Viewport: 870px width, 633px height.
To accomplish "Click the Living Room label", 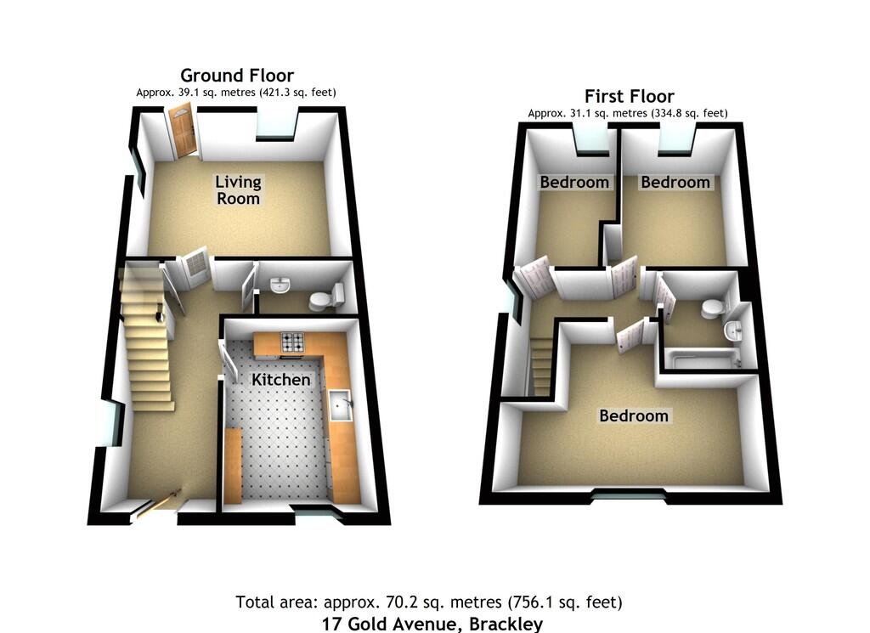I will (x=238, y=189).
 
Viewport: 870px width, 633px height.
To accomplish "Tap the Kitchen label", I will (x=280, y=379).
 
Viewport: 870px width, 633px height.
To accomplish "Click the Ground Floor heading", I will (x=237, y=76).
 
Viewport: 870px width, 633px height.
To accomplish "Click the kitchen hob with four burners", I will (x=293, y=342).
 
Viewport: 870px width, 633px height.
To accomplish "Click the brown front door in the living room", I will (x=183, y=133).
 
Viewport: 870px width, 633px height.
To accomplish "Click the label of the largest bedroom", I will (x=634, y=415).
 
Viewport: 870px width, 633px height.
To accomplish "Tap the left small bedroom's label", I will (x=575, y=182).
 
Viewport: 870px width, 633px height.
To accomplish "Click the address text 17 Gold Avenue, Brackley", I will (x=432, y=625).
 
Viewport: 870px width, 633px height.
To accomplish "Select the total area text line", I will (x=429, y=602).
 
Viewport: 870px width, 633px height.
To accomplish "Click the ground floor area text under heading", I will (x=237, y=92).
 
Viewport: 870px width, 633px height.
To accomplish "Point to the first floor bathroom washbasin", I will (x=732, y=330).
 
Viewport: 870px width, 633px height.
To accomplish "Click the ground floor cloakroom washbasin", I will (x=280, y=284).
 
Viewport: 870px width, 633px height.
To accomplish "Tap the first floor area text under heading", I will (x=627, y=113).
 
